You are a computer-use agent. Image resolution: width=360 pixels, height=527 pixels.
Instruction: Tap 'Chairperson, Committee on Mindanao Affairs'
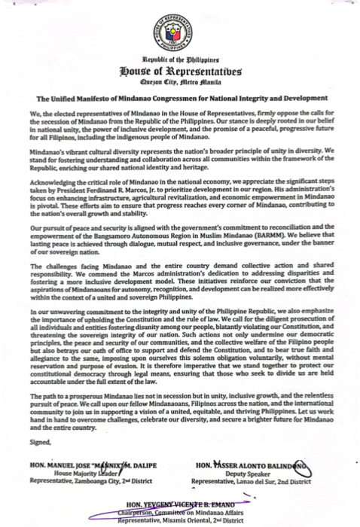tap(179, 510)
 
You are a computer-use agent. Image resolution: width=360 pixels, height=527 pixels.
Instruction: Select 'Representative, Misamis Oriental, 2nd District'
tap(179, 518)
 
